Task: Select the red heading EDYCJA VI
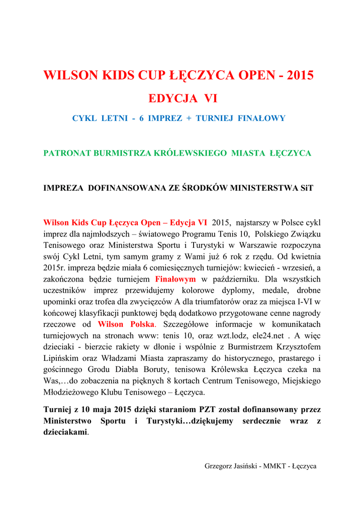[x=181, y=98]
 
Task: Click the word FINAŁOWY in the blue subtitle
[x=262, y=118]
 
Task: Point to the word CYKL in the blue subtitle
[x=85, y=118]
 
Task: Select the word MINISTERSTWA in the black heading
[x=264, y=188]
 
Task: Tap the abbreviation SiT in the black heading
[x=307, y=188]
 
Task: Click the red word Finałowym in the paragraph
[x=175, y=279]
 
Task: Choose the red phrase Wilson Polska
[x=127, y=324]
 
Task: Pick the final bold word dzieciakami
[x=65, y=432]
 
